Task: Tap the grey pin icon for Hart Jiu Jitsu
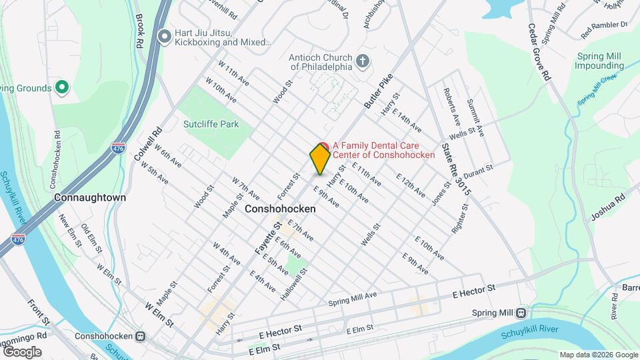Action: (165, 37)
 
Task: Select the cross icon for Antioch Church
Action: (363, 62)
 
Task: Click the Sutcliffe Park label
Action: (211, 124)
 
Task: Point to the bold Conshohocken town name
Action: (280, 209)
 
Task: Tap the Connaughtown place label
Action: (90, 198)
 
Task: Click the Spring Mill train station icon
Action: (521, 313)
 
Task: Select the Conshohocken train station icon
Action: (141, 336)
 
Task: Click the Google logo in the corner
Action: (22, 351)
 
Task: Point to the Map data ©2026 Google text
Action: (598, 355)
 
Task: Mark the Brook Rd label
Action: (140, 31)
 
